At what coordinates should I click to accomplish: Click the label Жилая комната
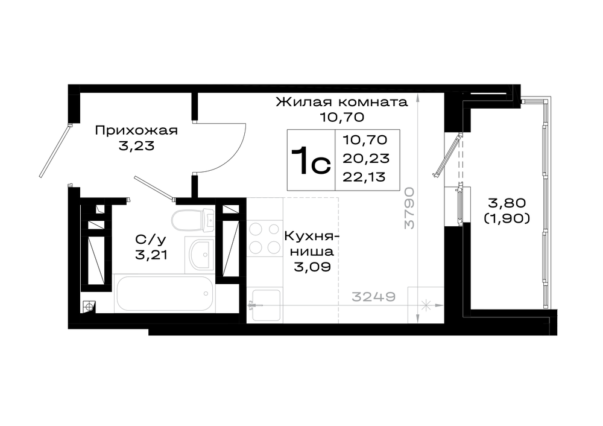tap(341, 103)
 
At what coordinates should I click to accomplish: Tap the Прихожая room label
tap(136, 130)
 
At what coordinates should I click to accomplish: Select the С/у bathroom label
tap(151, 240)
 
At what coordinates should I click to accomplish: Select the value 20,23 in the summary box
tap(366, 158)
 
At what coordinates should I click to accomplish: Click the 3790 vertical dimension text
tap(409, 208)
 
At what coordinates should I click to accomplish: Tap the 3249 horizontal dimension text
tap(374, 297)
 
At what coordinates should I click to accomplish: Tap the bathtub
tap(164, 293)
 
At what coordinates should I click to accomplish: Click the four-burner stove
tap(265, 238)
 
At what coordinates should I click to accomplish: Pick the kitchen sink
tap(265, 305)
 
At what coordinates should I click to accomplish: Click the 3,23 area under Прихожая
tap(136, 146)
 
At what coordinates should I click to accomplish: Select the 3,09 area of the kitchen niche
tap(312, 267)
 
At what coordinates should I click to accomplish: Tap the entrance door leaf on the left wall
tap(55, 151)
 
